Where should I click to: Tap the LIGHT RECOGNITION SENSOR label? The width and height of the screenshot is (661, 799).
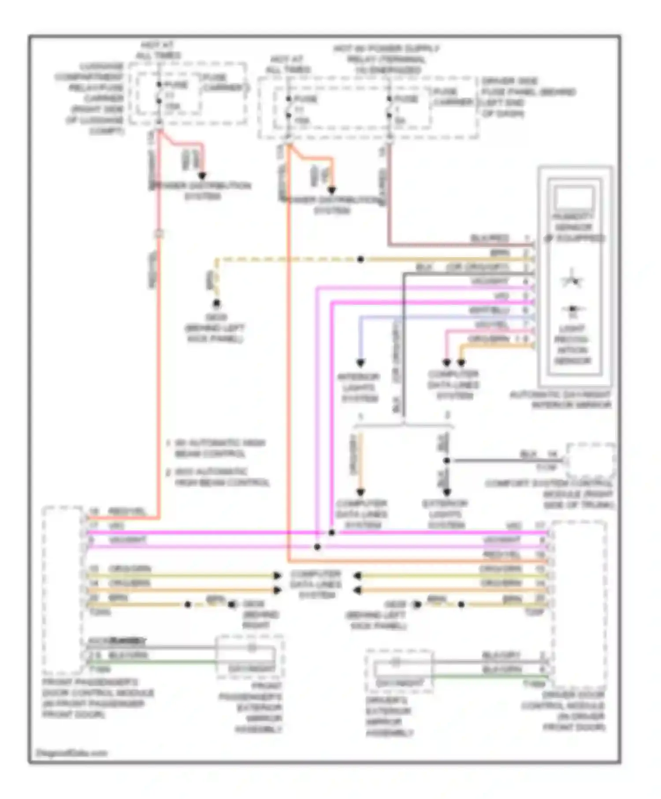tap(572, 345)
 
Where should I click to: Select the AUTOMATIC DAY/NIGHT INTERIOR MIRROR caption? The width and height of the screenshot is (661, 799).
tap(561, 400)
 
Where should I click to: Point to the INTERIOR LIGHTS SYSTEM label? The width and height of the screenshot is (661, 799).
tap(359, 388)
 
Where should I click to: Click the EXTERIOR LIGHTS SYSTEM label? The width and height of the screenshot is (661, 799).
tap(445, 514)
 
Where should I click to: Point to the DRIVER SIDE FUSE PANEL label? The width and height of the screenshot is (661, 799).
tap(527, 97)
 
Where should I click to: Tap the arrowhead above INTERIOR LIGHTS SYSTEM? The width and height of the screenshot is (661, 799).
tap(360, 363)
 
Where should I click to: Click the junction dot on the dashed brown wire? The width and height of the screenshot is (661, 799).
tap(360, 259)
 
